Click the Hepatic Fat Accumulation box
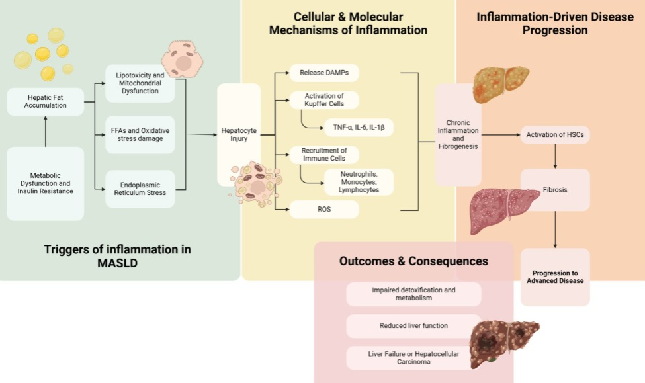46,101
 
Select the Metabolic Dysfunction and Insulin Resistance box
46,183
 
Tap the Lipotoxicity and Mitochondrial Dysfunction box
140,84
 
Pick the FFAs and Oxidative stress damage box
140,135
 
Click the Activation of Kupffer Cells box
325,99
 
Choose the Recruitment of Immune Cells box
324,155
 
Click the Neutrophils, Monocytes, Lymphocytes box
358,182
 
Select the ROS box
324,210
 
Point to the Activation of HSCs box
554,135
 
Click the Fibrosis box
555,190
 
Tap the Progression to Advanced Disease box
555,277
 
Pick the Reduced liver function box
413,325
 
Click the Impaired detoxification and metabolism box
413,294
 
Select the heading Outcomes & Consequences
413,261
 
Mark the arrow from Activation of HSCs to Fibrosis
555,156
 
